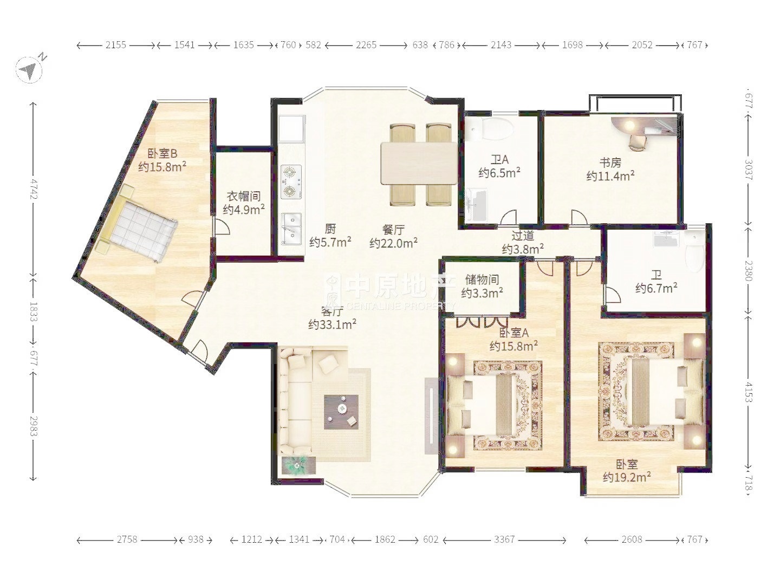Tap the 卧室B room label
tap(162, 154)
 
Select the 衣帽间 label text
tap(244, 196)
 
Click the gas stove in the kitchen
tap(291, 182)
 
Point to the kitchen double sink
tap(291, 229)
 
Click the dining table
tap(419, 163)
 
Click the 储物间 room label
tap(482, 280)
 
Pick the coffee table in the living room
tap(341, 412)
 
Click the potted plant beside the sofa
tap(297, 465)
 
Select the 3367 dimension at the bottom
tap(504, 540)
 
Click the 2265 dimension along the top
tap(366, 45)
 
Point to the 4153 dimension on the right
tap(749, 392)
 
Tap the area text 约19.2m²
tap(627, 477)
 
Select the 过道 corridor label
tap(523, 236)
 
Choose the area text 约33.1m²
tap(333, 324)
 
